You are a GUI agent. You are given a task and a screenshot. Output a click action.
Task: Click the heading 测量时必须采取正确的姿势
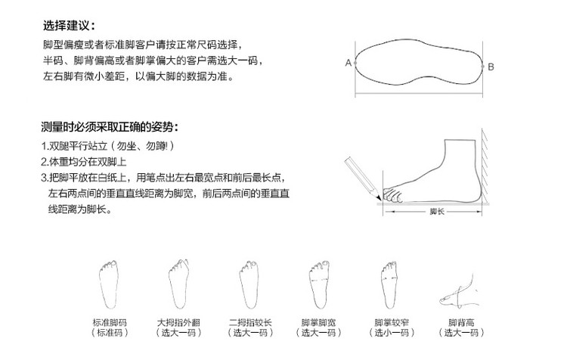pyautogui.click(x=109, y=126)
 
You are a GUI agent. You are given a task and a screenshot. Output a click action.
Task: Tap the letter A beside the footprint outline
pyautogui.click(x=349, y=64)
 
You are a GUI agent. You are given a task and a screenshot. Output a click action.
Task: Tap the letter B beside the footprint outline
pyautogui.click(x=490, y=67)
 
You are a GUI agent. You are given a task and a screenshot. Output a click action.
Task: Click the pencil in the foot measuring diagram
pyautogui.click(x=361, y=173)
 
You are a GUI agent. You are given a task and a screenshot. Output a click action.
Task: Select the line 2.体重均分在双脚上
pyautogui.click(x=83, y=162)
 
